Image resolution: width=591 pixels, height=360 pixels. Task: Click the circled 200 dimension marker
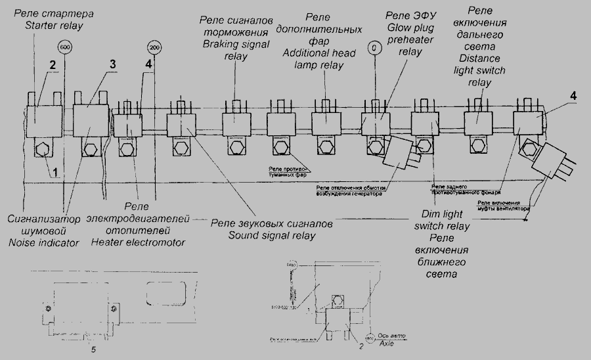point(154,48)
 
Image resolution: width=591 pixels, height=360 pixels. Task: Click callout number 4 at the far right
point(573,95)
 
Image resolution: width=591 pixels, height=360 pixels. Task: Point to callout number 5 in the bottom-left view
point(93,349)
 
